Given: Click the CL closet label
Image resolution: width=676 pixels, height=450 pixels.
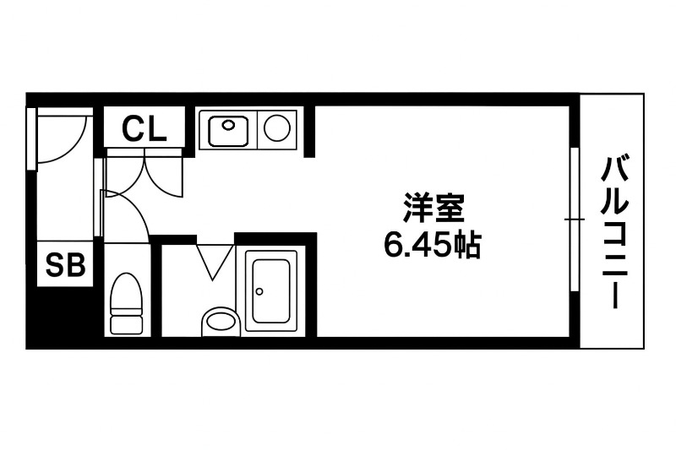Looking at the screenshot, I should click(x=144, y=128).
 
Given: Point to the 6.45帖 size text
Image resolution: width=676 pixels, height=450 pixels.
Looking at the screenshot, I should click(x=432, y=244).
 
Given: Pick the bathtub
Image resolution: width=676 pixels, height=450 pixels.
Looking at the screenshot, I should click(x=271, y=290).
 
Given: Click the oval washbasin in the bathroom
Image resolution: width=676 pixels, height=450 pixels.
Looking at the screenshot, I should click(x=221, y=321).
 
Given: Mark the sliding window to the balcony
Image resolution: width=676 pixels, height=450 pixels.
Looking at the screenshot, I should click(x=575, y=220).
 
